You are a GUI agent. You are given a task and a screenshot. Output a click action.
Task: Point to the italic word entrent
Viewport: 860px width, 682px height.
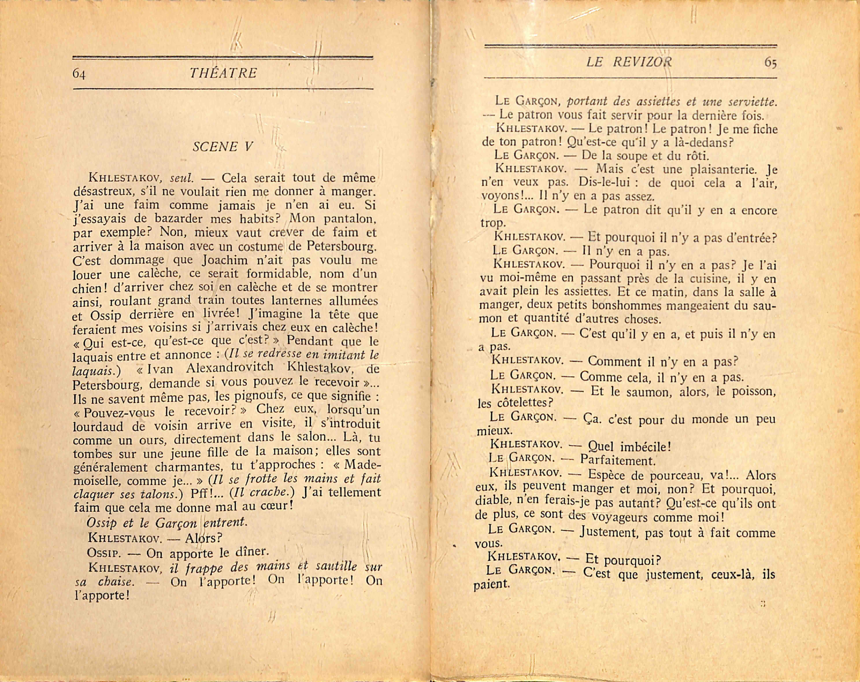point(225,522)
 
